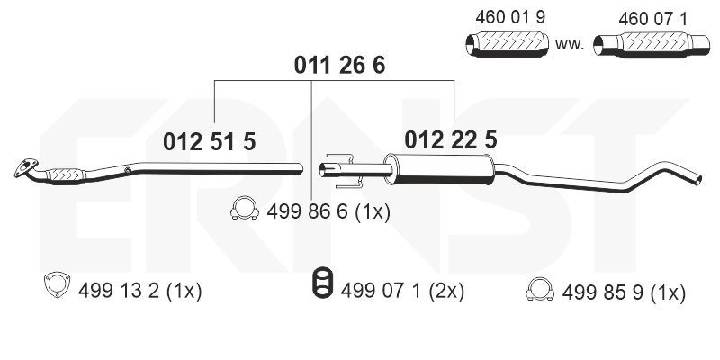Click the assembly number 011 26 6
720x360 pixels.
coord(339,66)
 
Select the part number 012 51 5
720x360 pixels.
coord(210,142)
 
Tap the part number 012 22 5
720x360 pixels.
coord(451,139)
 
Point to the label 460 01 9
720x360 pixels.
coord(510,17)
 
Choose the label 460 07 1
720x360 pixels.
coord(653,19)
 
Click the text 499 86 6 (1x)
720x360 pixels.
coord(328,212)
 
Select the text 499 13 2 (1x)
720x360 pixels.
coord(140,291)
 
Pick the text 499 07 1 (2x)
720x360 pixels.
coord(402,291)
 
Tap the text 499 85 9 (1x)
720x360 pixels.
coord(624,292)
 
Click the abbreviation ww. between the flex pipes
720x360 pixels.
coord(570,45)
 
